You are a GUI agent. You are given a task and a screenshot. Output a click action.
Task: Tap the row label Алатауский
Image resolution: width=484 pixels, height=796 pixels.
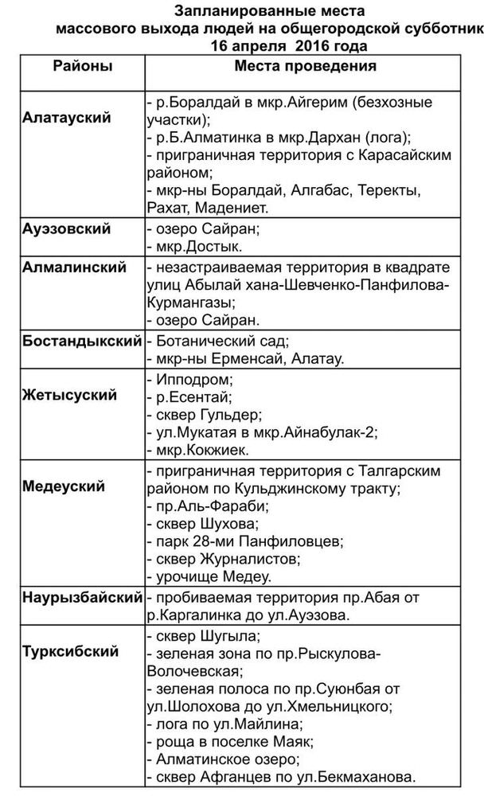pos(77,118)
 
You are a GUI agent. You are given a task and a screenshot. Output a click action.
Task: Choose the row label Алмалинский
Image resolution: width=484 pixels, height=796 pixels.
pos(74,267)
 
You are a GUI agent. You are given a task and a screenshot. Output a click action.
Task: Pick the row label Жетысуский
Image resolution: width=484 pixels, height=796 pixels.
pos(70,395)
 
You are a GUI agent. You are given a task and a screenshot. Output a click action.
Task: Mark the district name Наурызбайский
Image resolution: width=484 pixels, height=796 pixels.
pos(83,597)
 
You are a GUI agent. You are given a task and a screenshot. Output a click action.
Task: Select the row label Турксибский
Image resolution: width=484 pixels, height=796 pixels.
pos(71,651)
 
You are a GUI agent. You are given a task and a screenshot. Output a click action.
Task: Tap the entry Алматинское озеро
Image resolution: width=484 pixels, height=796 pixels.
pos(224,760)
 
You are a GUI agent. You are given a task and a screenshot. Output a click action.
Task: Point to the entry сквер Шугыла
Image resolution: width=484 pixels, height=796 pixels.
pos(208,635)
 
